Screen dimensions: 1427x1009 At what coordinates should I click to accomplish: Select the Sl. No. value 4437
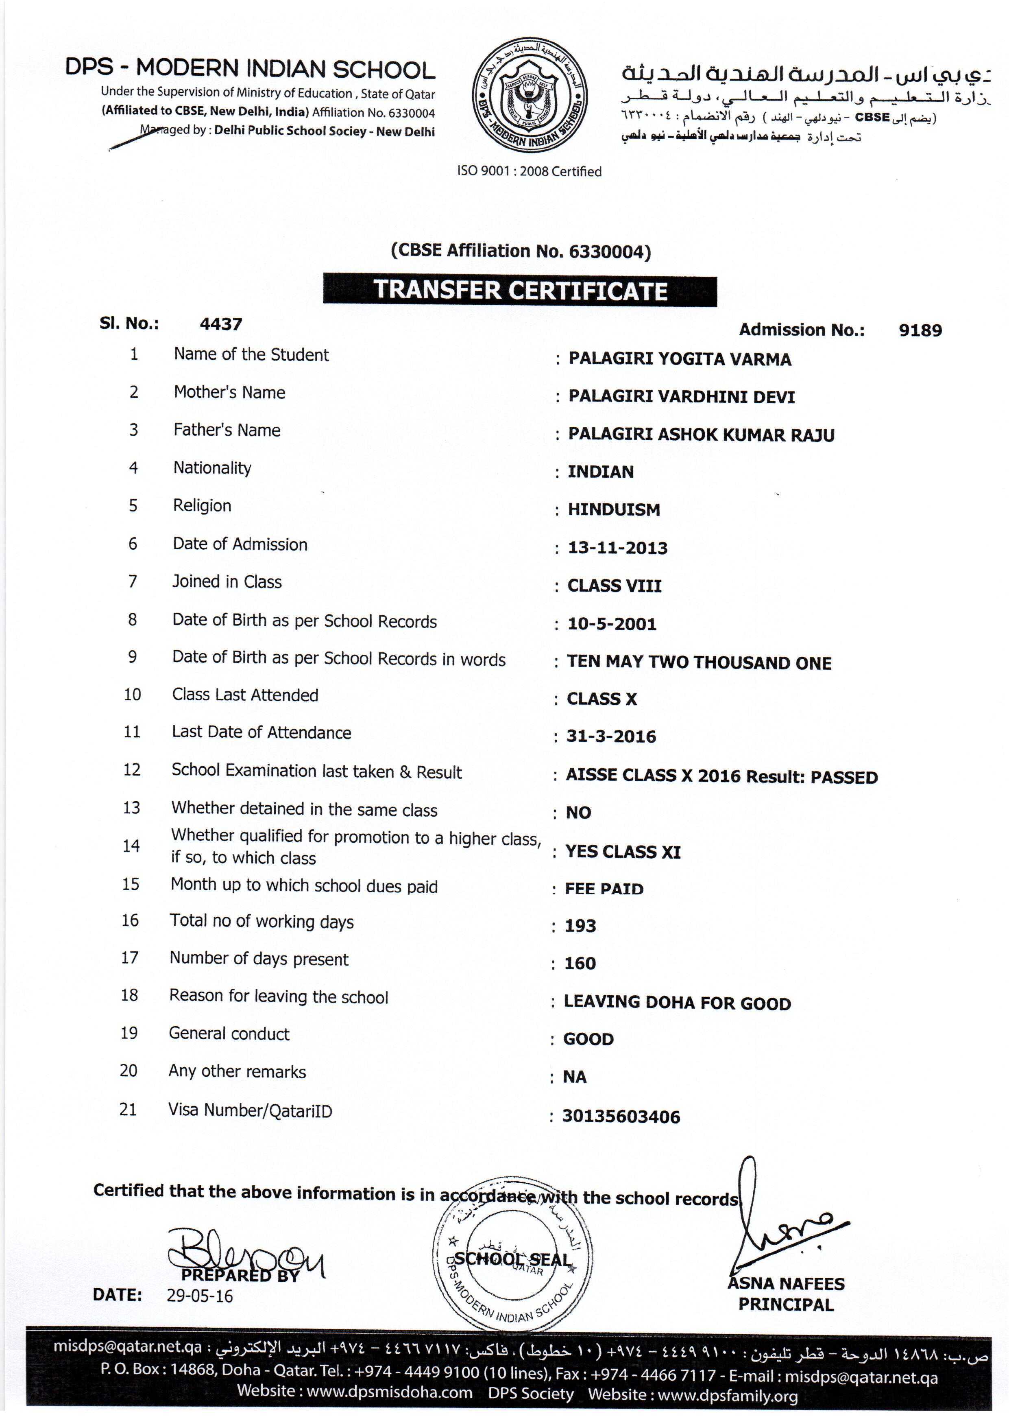coord(221,324)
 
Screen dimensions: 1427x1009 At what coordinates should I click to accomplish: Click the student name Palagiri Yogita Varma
coord(679,359)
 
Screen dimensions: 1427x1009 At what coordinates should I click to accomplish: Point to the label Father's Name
coord(227,430)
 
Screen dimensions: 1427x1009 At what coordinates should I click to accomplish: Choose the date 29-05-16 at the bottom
coord(199,1296)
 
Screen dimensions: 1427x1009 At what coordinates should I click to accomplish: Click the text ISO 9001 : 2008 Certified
coord(530,172)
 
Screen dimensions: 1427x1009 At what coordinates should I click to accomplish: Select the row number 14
coord(131,846)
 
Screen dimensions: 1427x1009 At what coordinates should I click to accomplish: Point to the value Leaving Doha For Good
coord(677,1003)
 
